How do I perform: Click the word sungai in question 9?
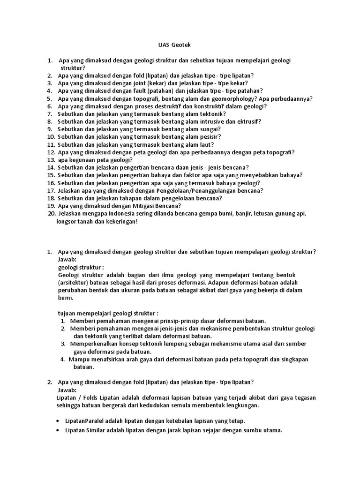tap(210, 129)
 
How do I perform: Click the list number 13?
tap(51, 160)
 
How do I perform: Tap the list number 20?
tap(51, 214)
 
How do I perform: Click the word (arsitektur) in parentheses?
tap(76, 283)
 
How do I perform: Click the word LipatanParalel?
tap(84, 420)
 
